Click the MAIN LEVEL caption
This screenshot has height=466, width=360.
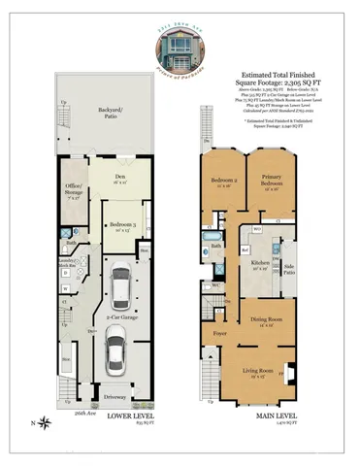258,419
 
